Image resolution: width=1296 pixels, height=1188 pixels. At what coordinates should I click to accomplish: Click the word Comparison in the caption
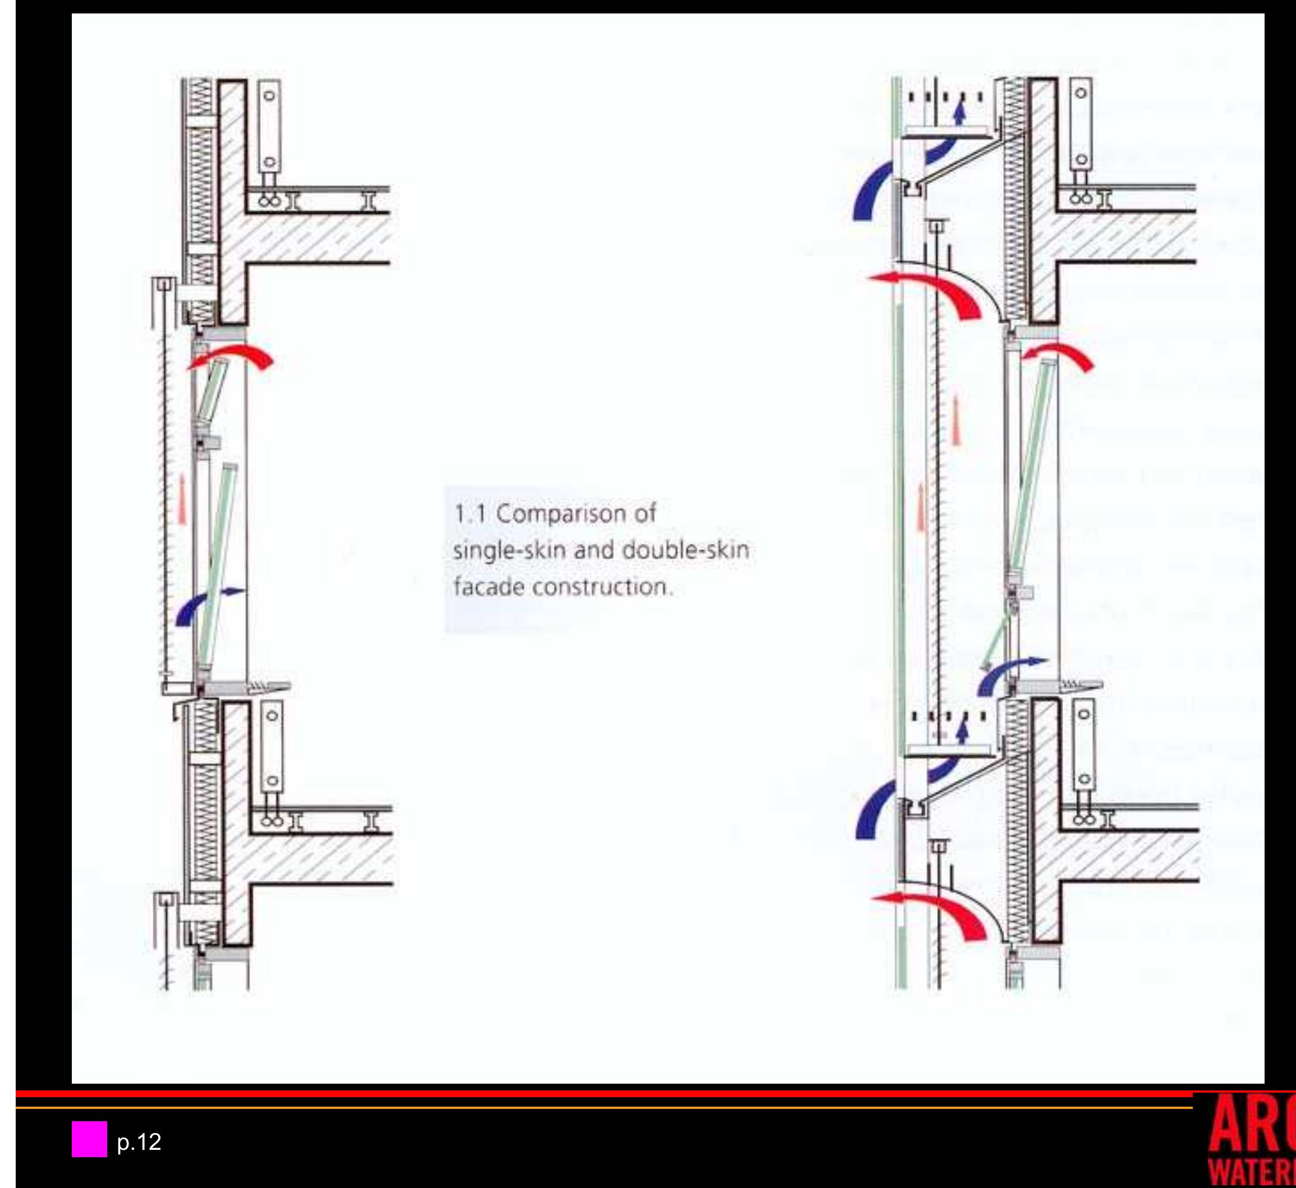coord(576,514)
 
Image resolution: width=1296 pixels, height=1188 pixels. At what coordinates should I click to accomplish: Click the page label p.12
coord(139,1141)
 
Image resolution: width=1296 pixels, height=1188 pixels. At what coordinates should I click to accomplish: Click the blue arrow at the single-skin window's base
coord(206,604)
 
